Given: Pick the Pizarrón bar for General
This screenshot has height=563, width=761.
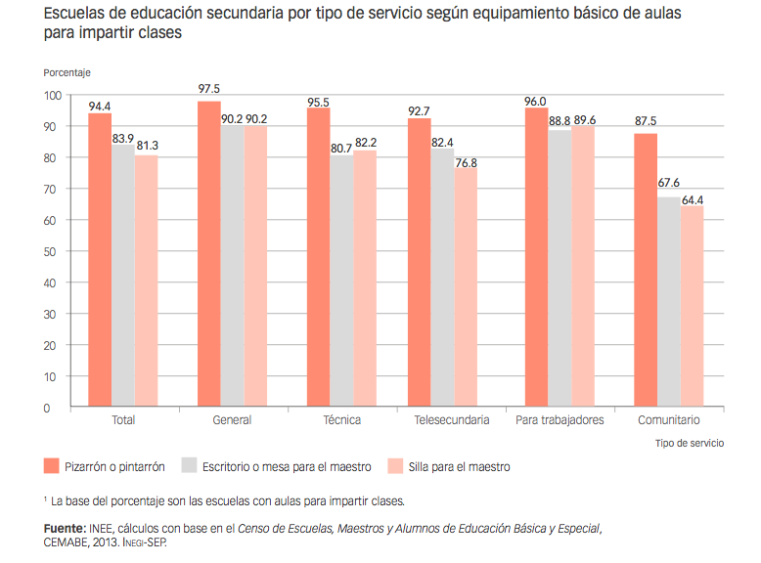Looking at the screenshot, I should click(208, 254).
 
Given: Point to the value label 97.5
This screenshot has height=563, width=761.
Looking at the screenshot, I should click(208, 89).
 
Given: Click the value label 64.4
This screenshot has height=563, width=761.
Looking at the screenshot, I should click(694, 200).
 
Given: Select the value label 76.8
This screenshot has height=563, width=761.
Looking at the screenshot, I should click(467, 162).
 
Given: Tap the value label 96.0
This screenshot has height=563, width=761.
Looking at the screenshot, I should click(536, 100).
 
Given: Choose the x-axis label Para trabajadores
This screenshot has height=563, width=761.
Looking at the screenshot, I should click(560, 420).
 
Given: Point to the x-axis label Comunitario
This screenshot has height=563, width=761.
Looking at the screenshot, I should click(669, 420).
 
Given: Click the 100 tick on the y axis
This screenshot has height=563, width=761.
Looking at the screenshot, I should click(53, 96).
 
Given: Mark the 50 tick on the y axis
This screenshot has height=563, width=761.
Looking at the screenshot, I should click(56, 251).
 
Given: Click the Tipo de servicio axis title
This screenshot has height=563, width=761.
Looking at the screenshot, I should click(690, 443).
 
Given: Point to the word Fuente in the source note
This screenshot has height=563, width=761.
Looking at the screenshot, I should click(62, 529).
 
